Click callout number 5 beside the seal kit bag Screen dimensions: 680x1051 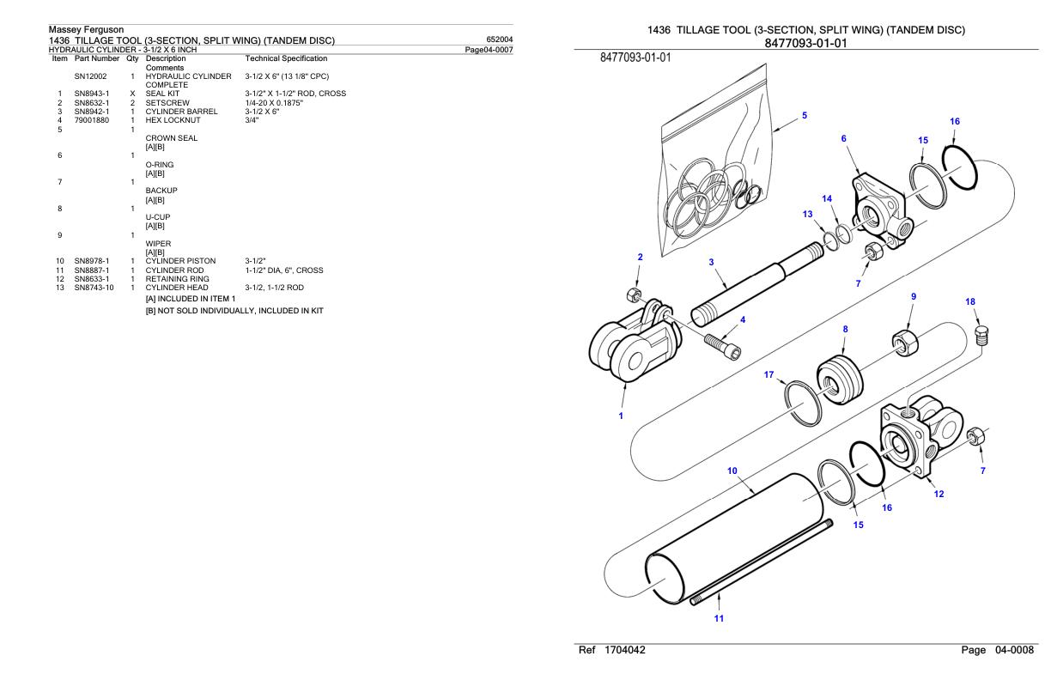click(x=804, y=115)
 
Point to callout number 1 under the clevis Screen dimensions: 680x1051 click(x=622, y=416)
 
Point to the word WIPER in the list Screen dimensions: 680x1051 click(x=159, y=243)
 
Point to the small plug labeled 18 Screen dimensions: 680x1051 click(x=982, y=331)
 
